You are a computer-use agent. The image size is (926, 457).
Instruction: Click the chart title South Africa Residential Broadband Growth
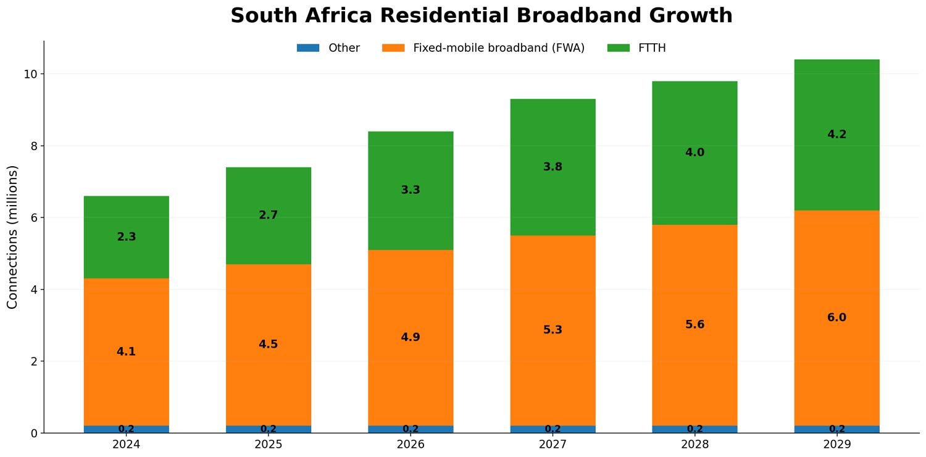481,16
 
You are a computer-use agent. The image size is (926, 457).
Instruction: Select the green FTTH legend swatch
618,48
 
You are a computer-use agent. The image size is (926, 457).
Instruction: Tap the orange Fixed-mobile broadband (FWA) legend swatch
393,48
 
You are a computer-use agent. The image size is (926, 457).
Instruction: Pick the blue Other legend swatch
308,48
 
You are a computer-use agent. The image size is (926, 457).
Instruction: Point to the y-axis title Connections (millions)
12,237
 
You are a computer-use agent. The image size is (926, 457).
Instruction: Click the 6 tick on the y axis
33,218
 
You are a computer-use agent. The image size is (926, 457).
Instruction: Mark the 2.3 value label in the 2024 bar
126,237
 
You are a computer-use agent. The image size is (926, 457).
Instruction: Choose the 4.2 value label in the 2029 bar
836,135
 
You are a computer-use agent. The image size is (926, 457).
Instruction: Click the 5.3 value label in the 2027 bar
553,330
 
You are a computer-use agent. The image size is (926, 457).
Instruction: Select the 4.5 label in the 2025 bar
268,345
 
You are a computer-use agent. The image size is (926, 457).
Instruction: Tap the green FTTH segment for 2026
411,161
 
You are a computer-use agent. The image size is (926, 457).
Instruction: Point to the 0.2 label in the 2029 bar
836,429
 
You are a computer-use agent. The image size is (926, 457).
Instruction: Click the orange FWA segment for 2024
126,309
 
